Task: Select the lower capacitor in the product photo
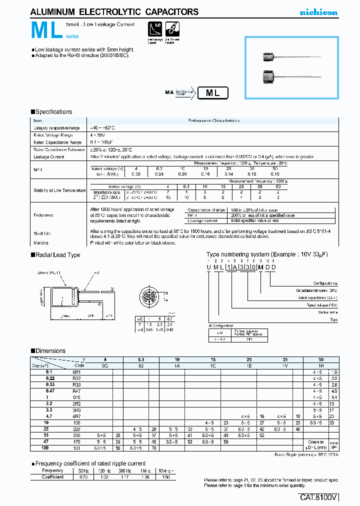pyautogui.click(x=269, y=77)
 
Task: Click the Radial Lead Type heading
pyautogui.click(x=57, y=255)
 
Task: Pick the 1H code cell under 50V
pyautogui.click(x=321, y=365)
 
